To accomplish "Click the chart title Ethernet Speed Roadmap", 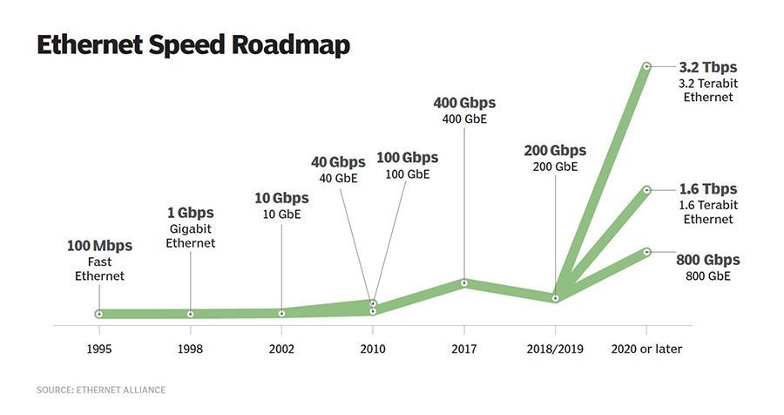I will pos(193,45).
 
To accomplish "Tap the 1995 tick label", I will pos(99,349).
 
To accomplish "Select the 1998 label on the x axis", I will pos(190,349).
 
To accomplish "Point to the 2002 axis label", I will pos(281,349).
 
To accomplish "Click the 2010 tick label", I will pos(373,349).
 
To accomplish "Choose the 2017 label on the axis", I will pos(464,349).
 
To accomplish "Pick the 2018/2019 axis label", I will pos(555,349).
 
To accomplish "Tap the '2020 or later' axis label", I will pos(646,349).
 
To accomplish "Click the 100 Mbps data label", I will pos(99,245).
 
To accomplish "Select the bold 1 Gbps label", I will pos(190,213).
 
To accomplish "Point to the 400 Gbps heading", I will pos(464,103).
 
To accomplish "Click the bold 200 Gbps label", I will pos(555,150).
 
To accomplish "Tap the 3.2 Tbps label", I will pos(707,66).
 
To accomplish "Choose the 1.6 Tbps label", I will pos(707,189).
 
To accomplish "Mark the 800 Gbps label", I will pos(708,259).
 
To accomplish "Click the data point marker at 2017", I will pos(464,282).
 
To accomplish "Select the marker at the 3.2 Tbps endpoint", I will pos(646,65).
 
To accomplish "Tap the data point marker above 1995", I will pos(99,314).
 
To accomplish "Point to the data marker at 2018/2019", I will pos(555,298).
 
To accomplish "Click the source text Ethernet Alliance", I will pos(101,390).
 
